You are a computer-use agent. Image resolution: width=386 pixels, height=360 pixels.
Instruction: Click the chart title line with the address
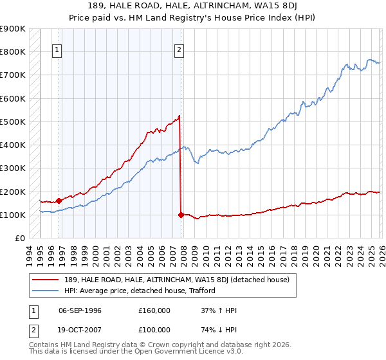tap(192, 6)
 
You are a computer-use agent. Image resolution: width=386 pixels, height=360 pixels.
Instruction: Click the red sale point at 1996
tap(59, 201)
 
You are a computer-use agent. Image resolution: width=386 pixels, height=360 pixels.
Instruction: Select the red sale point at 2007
tap(181, 215)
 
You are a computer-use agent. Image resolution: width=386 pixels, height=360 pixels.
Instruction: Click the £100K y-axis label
tap(13, 215)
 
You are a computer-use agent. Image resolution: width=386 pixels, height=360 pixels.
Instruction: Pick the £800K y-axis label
tap(13, 51)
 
